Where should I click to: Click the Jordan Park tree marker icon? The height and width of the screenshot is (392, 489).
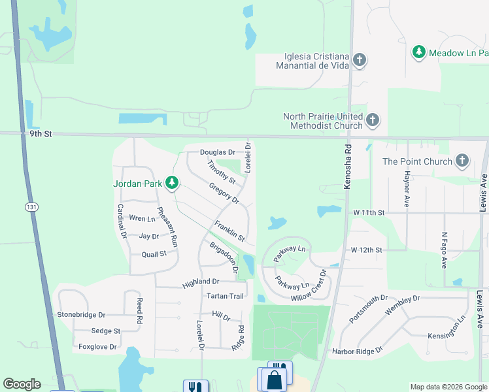(171, 184)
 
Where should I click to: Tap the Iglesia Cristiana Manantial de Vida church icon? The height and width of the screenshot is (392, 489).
(359, 61)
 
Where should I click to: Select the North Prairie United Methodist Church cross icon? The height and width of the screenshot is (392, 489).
(372, 120)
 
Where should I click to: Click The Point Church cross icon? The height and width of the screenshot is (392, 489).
(462, 161)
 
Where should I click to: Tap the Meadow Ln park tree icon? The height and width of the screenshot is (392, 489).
(419, 52)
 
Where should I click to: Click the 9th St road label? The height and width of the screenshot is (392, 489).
(40, 134)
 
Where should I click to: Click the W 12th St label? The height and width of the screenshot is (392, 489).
(365, 250)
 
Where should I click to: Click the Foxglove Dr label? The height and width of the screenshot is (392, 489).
(97, 347)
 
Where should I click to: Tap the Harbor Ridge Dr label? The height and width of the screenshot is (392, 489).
(356, 350)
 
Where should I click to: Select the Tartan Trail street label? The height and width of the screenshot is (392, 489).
(225, 296)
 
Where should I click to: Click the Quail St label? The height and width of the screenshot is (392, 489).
(154, 255)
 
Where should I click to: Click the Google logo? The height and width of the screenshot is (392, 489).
(22, 384)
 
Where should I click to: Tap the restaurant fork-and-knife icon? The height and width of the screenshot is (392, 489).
(195, 386)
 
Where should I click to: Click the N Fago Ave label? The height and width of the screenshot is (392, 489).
(444, 251)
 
